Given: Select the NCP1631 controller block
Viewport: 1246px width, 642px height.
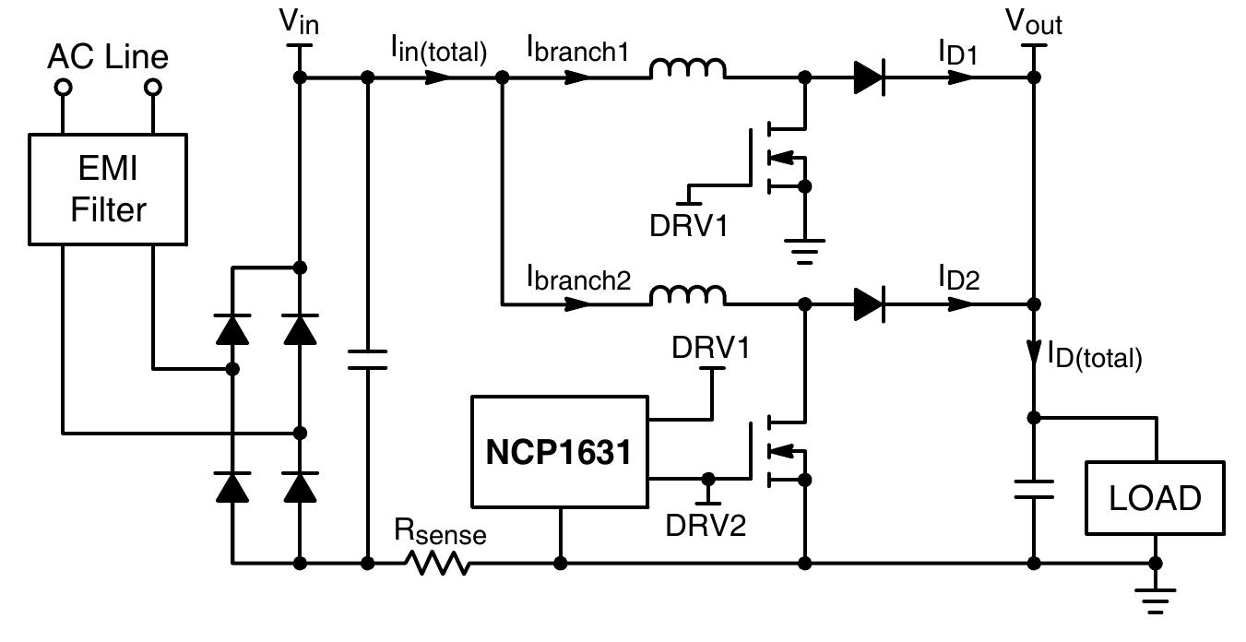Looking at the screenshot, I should pyautogui.click(x=559, y=452).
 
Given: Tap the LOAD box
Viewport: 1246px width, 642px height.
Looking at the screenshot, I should pyautogui.click(x=1155, y=498).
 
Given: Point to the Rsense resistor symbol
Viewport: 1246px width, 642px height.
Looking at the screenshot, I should pyautogui.click(x=442, y=562).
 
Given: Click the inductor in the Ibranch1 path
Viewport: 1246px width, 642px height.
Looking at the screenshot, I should pyautogui.click(x=688, y=69).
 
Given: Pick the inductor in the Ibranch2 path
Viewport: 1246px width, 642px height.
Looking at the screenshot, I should pyautogui.click(x=688, y=294).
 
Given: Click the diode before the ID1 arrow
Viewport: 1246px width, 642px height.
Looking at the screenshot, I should pyautogui.click(x=869, y=78).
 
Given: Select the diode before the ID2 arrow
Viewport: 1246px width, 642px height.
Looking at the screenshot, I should pyautogui.click(x=869, y=303).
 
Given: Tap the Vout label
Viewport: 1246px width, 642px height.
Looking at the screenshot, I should pyautogui.click(x=1033, y=21).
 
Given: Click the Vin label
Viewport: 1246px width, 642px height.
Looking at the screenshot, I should pyautogui.click(x=300, y=21).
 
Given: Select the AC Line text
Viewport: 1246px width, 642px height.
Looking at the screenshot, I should pyautogui.click(x=108, y=57).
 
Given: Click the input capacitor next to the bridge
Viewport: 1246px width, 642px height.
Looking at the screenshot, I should pyautogui.click(x=367, y=359).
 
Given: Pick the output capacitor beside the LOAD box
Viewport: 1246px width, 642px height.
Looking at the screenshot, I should pyautogui.click(x=1033, y=488).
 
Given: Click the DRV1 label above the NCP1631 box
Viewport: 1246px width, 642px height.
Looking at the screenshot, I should pyautogui.click(x=710, y=348).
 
